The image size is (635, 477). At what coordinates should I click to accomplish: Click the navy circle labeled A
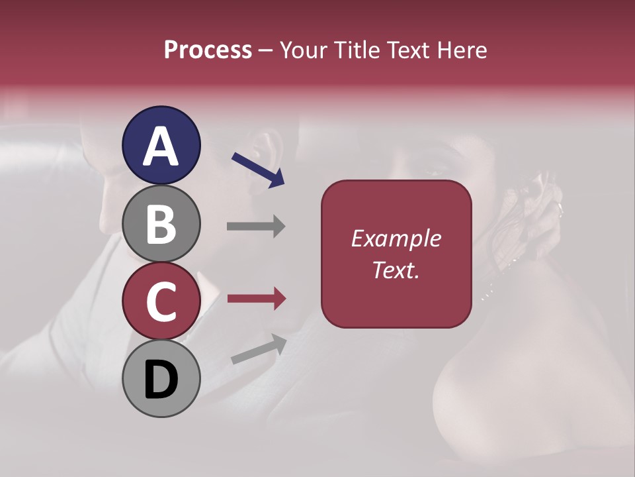coord(161,145)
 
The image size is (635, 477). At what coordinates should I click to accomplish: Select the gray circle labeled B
coord(161,223)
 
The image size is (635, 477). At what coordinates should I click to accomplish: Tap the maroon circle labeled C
coord(161,301)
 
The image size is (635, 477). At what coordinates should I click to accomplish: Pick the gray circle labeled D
coord(161,379)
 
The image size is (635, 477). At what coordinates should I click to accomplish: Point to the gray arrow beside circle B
coord(256,226)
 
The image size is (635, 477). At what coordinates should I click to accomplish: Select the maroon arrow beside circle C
coord(256,299)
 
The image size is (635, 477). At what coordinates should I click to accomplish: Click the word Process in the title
coord(208,50)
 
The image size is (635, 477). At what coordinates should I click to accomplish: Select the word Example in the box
coord(396,238)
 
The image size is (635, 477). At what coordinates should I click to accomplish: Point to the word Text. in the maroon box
coord(396,270)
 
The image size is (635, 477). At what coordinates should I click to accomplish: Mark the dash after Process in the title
coord(266,51)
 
